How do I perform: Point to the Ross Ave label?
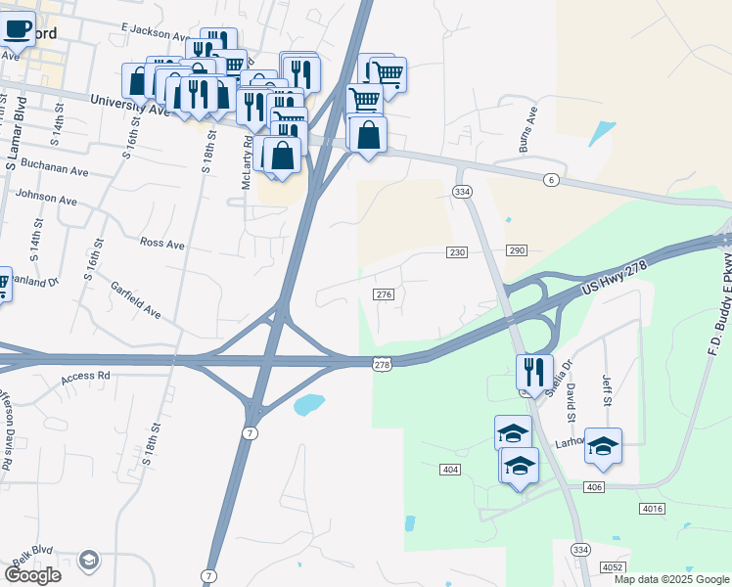162,243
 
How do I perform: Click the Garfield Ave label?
136,299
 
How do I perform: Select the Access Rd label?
86,376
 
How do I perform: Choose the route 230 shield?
457,252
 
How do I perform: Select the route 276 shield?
384,294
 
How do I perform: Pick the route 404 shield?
450,470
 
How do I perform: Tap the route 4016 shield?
653,509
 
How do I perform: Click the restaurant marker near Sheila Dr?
534,371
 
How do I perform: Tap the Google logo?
32,575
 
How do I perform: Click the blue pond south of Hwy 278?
308,404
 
